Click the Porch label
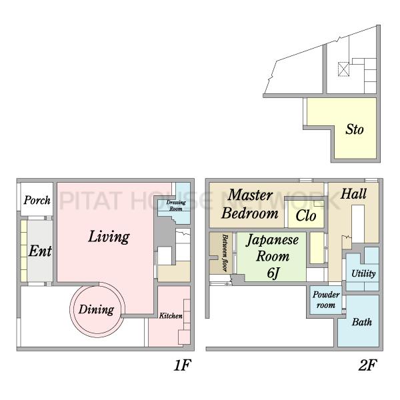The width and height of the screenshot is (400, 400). (x=37, y=200)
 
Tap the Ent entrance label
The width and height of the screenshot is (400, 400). (x=40, y=251)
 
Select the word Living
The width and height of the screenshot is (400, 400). (x=109, y=237)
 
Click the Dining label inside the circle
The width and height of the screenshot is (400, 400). (x=96, y=310)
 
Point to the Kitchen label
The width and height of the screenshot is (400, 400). (x=171, y=316)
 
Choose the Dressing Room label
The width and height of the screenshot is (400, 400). (x=176, y=205)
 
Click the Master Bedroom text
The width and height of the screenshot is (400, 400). (x=250, y=204)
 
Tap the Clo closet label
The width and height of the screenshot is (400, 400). (x=306, y=216)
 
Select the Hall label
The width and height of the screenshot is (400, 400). (x=353, y=194)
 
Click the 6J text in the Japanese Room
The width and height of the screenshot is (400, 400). (x=273, y=273)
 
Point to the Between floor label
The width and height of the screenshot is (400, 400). (x=225, y=253)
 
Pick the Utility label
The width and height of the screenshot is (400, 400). (x=363, y=273)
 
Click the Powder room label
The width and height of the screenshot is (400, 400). (x=326, y=300)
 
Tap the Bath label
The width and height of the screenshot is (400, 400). (x=362, y=322)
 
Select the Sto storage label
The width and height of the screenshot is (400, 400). (x=355, y=129)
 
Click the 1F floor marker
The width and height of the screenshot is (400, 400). (x=182, y=365)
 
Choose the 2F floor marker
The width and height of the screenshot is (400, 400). (x=367, y=365)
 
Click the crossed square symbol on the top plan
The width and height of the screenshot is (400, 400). (x=343, y=69)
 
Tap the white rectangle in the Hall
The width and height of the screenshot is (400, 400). (x=358, y=224)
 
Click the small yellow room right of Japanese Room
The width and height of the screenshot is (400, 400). (x=317, y=248)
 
